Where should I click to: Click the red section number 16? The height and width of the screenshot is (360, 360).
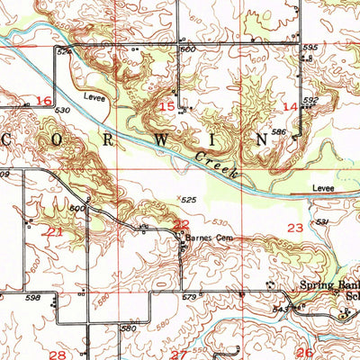coord(43,101)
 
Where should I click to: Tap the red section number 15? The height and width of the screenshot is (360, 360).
coord(167,106)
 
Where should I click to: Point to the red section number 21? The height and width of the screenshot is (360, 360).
coord(54,231)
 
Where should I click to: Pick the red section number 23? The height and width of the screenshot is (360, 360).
coord(294,229)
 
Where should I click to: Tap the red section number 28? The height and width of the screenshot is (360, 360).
coord(57,355)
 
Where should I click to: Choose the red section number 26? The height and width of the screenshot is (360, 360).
coord(305,353)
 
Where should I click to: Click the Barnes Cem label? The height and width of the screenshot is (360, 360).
coord(203,238)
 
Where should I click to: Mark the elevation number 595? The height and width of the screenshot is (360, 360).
coord(310,48)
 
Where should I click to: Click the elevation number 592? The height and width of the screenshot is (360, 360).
coord(310,101)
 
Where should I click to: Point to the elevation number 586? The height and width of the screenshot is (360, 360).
coord(280,132)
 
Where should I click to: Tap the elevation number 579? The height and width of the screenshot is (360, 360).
coord(188,297)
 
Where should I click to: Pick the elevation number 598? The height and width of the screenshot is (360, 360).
coord(33,297)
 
